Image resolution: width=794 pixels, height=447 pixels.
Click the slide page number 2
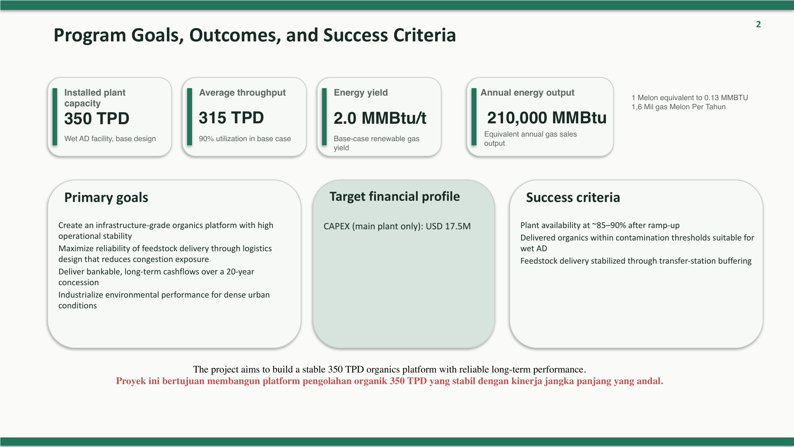pyautogui.click(x=758, y=24)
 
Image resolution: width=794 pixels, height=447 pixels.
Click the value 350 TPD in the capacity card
pyautogui.click(x=97, y=119)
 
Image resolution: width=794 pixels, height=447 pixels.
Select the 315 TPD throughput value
pyautogui.click(x=231, y=118)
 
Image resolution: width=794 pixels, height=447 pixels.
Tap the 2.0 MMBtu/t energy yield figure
pyautogui.click(x=380, y=118)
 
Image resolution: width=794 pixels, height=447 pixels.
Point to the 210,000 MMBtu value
pyautogui.click(x=547, y=118)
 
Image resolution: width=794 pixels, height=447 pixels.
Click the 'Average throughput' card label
pyautogui.click(x=242, y=93)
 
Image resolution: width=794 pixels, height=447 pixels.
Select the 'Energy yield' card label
pyautogui.click(x=361, y=93)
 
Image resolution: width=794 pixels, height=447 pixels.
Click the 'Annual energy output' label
pyautogui.click(x=527, y=93)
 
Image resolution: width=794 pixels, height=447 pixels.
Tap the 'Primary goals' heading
pyautogui.click(x=106, y=198)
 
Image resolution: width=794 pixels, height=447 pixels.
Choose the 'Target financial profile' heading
pyautogui.click(x=395, y=197)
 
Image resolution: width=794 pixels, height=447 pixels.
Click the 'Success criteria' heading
pyautogui.click(x=573, y=198)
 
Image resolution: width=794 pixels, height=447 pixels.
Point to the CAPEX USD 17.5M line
pyautogui.click(x=397, y=226)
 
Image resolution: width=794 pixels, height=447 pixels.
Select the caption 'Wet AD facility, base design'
pyautogui.click(x=110, y=139)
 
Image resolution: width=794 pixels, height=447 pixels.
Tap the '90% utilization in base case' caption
pyautogui.click(x=245, y=139)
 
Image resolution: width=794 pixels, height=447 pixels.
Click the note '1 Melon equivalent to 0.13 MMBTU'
pyautogui.click(x=690, y=98)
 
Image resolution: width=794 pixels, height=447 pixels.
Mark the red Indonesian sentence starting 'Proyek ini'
pyautogui.click(x=390, y=381)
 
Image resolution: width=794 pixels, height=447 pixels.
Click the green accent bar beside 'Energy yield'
pyautogui.click(x=325, y=117)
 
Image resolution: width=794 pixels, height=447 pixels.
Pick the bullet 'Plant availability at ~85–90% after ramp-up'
pyautogui.click(x=600, y=226)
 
